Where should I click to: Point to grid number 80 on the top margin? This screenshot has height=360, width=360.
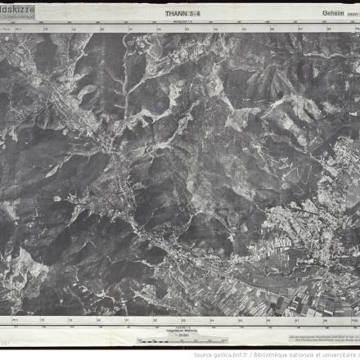[x=103, y=29]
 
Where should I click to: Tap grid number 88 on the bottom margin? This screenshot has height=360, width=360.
[x=326, y=320]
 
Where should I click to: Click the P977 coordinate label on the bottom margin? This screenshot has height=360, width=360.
[x=16, y=320]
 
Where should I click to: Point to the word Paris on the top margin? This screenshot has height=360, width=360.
[x=7, y=29]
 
